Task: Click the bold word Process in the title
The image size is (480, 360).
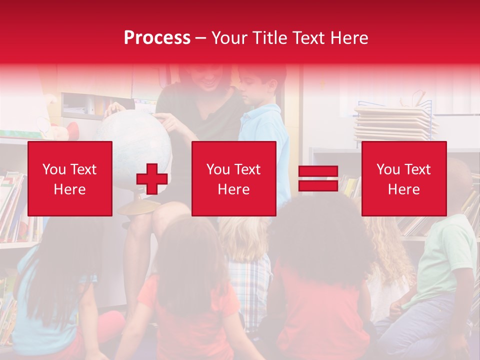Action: tap(157, 38)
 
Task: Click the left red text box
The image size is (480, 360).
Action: tap(70, 178)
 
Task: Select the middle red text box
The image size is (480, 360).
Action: tap(234, 178)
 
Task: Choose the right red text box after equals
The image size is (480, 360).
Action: tap(404, 178)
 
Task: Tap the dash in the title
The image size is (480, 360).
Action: tap(200, 38)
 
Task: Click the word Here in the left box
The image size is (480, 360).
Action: tap(69, 189)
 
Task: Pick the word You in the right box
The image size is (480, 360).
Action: tap(388, 169)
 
